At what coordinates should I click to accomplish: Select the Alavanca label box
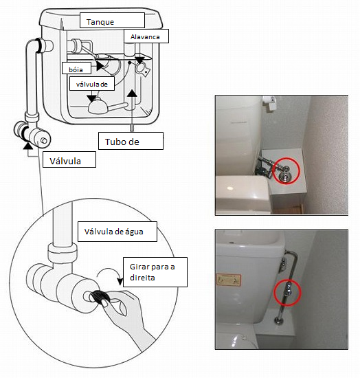click(x=146, y=36)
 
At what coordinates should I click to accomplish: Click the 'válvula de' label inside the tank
click(x=92, y=84)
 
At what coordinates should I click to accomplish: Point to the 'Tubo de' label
click(x=131, y=141)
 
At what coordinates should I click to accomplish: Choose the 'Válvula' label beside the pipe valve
click(x=69, y=159)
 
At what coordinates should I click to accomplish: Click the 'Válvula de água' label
click(x=117, y=232)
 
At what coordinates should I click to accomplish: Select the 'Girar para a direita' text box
click(x=155, y=272)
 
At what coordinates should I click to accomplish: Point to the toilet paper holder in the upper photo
click(x=269, y=102)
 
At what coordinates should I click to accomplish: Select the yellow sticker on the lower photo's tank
click(x=229, y=280)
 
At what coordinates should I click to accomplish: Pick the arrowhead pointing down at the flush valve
click(x=91, y=98)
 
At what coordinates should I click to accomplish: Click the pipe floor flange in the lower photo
click(x=278, y=321)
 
